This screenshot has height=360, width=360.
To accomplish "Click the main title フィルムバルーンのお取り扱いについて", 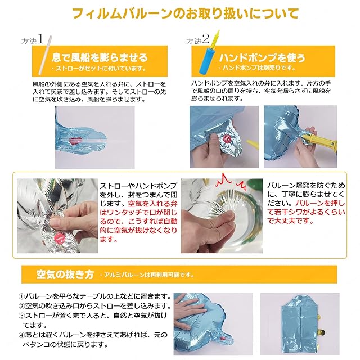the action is (185, 13).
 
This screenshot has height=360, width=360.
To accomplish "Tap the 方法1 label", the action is (33, 39).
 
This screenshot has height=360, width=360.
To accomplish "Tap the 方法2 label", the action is (198, 39).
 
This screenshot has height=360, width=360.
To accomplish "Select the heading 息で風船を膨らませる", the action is (100, 57).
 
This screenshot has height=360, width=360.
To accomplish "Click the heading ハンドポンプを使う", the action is (262, 57).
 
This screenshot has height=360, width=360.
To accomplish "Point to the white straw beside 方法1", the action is (45, 55).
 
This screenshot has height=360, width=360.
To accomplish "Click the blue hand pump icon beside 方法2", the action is (208, 55).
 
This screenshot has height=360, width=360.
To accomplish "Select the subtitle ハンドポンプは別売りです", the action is (256, 67).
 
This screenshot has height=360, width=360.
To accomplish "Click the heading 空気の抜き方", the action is (65, 274).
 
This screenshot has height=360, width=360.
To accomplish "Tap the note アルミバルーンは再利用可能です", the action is (147, 275).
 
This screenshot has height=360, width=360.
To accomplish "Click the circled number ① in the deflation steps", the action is (21, 296).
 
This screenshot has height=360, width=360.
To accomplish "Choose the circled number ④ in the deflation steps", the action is (21, 335).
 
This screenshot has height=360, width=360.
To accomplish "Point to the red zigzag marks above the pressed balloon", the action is (231, 182).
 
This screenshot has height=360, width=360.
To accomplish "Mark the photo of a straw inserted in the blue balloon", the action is (95, 137).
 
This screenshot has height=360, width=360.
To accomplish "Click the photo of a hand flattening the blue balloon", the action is (213, 324).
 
